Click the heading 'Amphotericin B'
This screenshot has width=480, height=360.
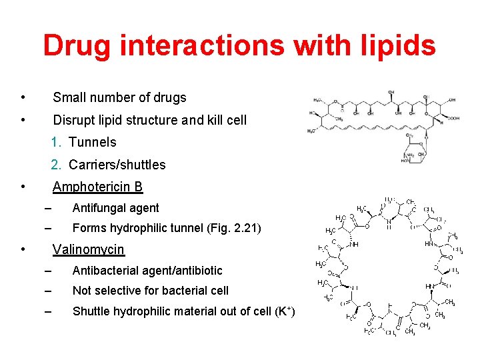point(97,187)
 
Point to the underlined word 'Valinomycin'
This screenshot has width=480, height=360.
point(88,249)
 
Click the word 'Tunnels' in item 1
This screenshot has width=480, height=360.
point(92,142)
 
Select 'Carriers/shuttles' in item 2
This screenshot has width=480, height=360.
point(117,165)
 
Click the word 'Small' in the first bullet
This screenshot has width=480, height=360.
point(69,97)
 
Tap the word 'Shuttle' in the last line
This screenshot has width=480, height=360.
point(91,311)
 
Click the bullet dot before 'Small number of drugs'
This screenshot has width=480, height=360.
point(23,97)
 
